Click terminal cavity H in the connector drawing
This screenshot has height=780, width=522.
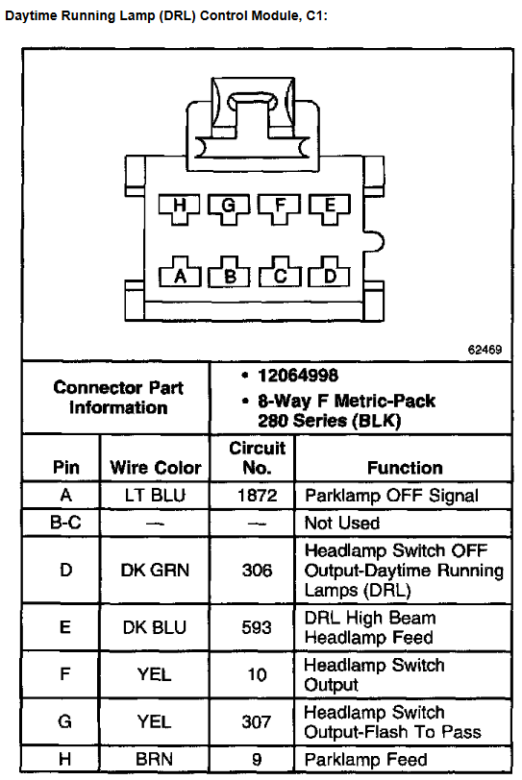click(179, 207)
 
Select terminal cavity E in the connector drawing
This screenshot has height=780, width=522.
click(330, 207)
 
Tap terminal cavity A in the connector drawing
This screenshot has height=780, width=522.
click(180, 273)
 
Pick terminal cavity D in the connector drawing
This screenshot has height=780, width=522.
click(330, 273)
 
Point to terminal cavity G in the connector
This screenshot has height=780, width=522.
click(229, 207)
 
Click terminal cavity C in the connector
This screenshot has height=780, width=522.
click(280, 273)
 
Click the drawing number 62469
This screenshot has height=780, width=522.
click(485, 350)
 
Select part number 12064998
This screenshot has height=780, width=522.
click(298, 376)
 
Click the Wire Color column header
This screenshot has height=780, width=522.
click(156, 468)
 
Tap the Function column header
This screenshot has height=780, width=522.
click(405, 468)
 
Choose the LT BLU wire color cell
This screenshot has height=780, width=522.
click(155, 496)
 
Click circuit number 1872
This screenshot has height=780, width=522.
click(257, 496)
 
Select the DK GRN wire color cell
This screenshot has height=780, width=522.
click(155, 570)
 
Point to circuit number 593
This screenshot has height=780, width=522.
click(257, 627)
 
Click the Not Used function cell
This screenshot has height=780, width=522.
click(342, 523)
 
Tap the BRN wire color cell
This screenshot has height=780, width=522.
click(154, 760)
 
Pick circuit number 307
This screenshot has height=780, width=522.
click(257, 721)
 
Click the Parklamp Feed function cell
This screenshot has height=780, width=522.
click(365, 760)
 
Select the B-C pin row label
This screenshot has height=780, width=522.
click(65, 523)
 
